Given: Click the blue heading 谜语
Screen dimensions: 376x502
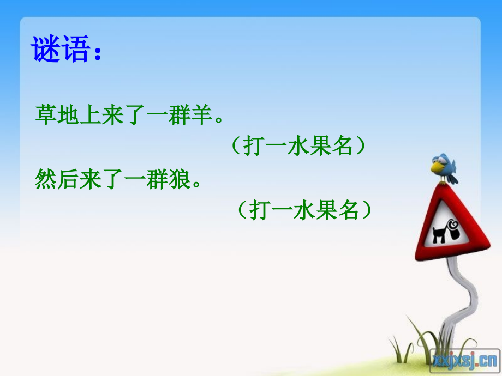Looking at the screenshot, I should (61, 51).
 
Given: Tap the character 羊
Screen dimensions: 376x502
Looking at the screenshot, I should (199, 116).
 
